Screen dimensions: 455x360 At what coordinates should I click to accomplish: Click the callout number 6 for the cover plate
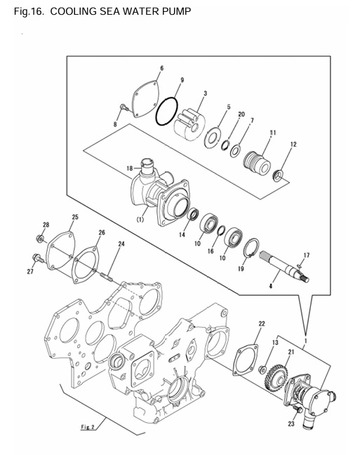coord(161,68)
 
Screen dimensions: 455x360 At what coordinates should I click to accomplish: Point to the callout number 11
coord(272,132)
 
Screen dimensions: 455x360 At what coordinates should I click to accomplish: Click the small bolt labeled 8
coord(124,108)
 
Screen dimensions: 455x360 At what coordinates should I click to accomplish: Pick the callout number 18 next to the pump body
coord(129,169)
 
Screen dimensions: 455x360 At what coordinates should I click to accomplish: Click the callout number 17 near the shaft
coord(306,254)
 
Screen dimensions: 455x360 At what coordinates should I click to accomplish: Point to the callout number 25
coord(75,217)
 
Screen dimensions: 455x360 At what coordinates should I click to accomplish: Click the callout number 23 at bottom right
coord(291,424)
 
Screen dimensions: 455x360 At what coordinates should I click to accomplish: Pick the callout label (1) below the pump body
coord(140,218)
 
